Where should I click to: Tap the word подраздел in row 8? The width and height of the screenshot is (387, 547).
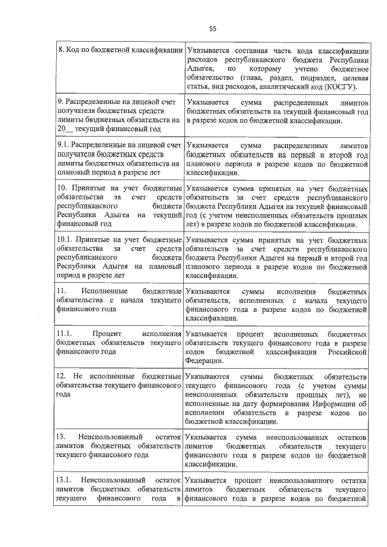315,77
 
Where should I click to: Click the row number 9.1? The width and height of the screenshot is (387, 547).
62,146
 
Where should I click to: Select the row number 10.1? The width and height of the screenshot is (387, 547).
65,239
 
